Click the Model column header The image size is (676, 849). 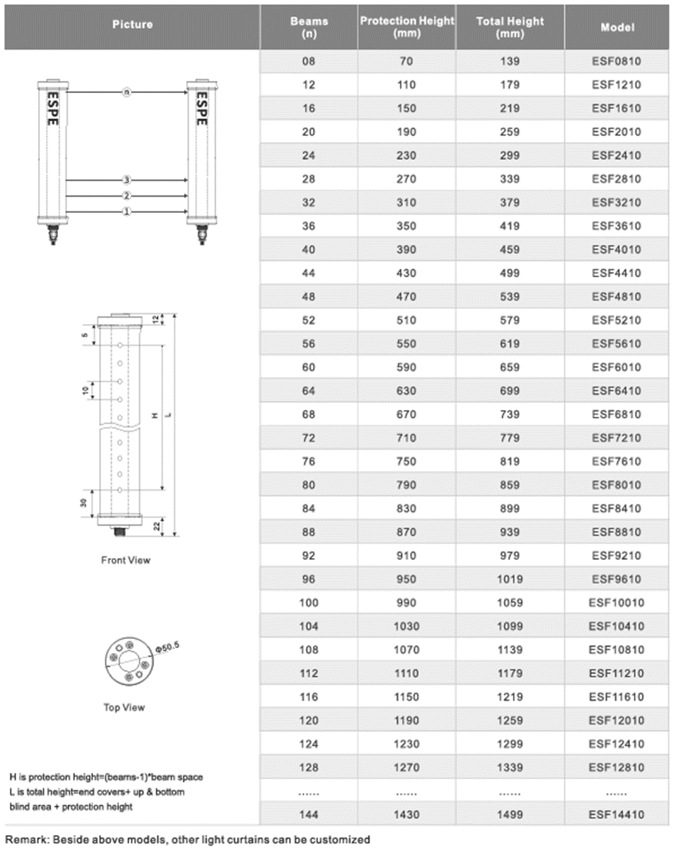pos(617,27)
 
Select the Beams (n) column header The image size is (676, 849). pos(309,27)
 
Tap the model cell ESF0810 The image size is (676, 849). pos(617,62)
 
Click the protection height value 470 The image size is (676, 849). pos(406,297)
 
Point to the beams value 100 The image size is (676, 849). pos(309,603)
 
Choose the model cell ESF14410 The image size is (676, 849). pos(617,814)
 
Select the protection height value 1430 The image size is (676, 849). pos(406,814)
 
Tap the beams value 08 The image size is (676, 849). pos(309,62)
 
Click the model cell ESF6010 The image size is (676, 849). pos(617,367)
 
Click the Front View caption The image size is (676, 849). pos(126,560)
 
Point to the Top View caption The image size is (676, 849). pos(124,708)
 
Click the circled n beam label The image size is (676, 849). pos(127,92)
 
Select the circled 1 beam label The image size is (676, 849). pos(127,212)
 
